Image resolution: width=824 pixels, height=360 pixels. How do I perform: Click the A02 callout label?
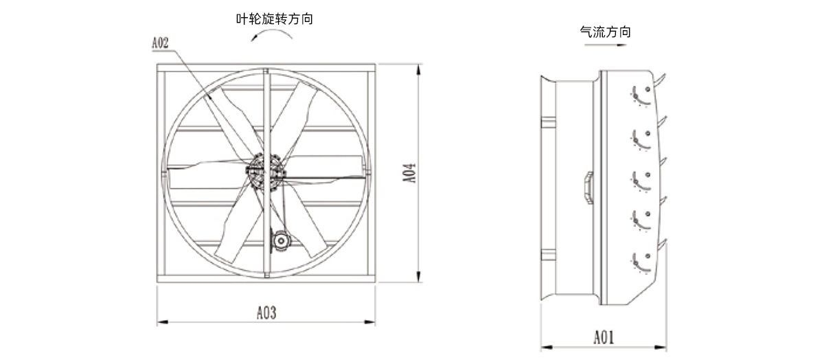161,43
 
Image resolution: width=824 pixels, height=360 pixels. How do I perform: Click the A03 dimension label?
266,313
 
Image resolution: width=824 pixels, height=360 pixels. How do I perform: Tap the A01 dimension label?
604,337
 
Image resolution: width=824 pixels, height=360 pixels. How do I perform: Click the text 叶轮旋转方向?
275,19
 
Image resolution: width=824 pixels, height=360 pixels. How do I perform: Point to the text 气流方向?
606,32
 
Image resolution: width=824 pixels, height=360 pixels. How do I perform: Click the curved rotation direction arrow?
271,32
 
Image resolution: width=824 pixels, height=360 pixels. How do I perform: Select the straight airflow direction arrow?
605,45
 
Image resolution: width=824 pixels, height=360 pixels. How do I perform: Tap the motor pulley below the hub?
281,240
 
